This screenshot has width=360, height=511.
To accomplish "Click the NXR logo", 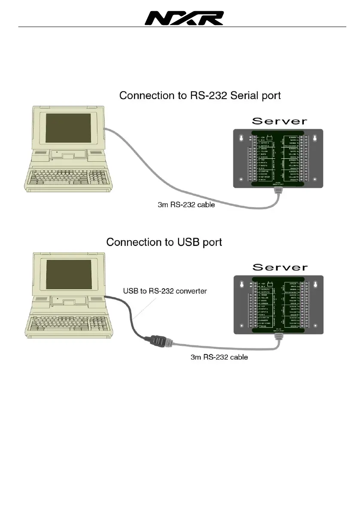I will pyautogui.click(x=184, y=18).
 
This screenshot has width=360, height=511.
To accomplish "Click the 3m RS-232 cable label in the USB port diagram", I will pyautogui.click(x=219, y=357).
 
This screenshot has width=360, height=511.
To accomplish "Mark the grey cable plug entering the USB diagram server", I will pyautogui.click(x=278, y=339).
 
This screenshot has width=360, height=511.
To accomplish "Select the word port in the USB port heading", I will pyautogui.click(x=211, y=243).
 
